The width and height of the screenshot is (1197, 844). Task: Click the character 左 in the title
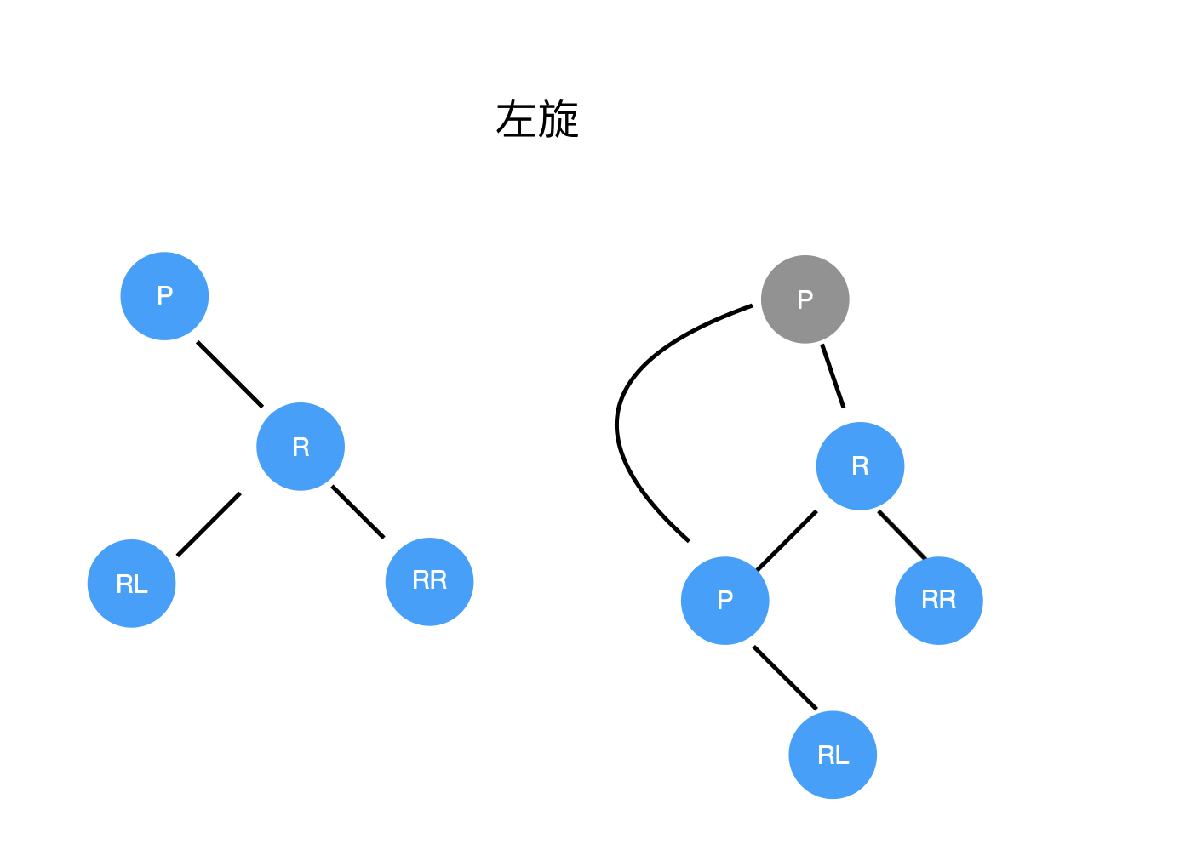point(516,119)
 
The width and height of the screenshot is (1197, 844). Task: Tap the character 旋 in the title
point(558,119)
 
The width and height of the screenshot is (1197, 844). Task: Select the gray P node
point(805,299)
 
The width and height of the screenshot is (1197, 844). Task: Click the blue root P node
point(164,296)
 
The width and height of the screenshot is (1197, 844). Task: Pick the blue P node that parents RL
point(724,601)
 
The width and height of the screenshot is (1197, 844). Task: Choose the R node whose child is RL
point(301,447)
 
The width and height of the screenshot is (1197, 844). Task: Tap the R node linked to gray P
point(860,466)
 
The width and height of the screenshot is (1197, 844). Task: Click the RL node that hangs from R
point(131,584)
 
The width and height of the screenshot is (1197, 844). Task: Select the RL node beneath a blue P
point(833,755)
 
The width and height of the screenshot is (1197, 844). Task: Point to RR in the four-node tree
point(429,581)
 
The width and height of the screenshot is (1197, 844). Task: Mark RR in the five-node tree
point(938,601)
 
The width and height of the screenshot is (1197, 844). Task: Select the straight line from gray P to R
point(833,376)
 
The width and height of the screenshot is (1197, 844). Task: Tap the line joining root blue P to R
point(230,374)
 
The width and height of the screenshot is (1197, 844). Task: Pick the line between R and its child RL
point(209,524)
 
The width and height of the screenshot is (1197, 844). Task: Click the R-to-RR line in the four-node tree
point(358,511)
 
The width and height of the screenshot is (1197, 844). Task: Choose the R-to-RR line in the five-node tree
point(902,534)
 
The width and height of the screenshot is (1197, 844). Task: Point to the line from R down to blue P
point(787,540)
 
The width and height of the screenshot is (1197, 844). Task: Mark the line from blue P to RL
point(785,678)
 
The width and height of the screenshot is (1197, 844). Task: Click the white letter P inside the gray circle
point(805,299)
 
